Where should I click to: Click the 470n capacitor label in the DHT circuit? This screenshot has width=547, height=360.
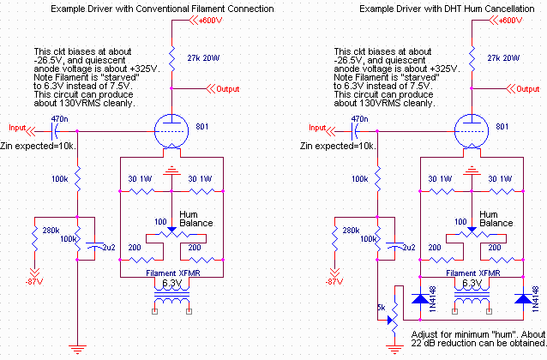[330, 120]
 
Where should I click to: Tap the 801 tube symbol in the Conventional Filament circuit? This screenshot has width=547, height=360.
[171, 131]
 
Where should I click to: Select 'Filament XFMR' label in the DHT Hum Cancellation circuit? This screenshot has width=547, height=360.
[470, 273]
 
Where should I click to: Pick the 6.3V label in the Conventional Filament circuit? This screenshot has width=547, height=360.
[172, 283]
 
